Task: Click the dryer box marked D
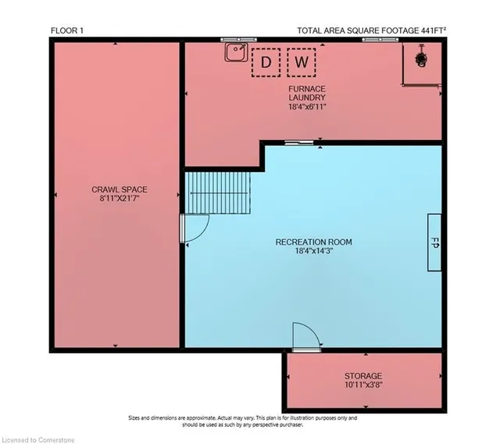[266, 63]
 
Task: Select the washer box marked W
[302, 63]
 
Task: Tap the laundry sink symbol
[236, 52]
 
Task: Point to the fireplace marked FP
[434, 242]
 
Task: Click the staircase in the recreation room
[217, 193]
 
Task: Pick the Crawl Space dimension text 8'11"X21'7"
[120, 199]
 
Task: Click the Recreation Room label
[314, 242]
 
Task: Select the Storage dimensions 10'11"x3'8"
[363, 385]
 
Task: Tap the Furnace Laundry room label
[307, 93]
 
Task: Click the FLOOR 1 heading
[67, 30]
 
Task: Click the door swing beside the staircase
[195, 228]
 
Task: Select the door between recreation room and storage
[306, 337]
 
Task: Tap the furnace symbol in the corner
[421, 59]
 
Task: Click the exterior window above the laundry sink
[238, 40]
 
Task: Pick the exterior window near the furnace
[380, 40]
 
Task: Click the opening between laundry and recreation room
[298, 142]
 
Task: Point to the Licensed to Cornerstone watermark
[37, 440]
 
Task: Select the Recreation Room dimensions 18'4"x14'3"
[314, 251]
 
